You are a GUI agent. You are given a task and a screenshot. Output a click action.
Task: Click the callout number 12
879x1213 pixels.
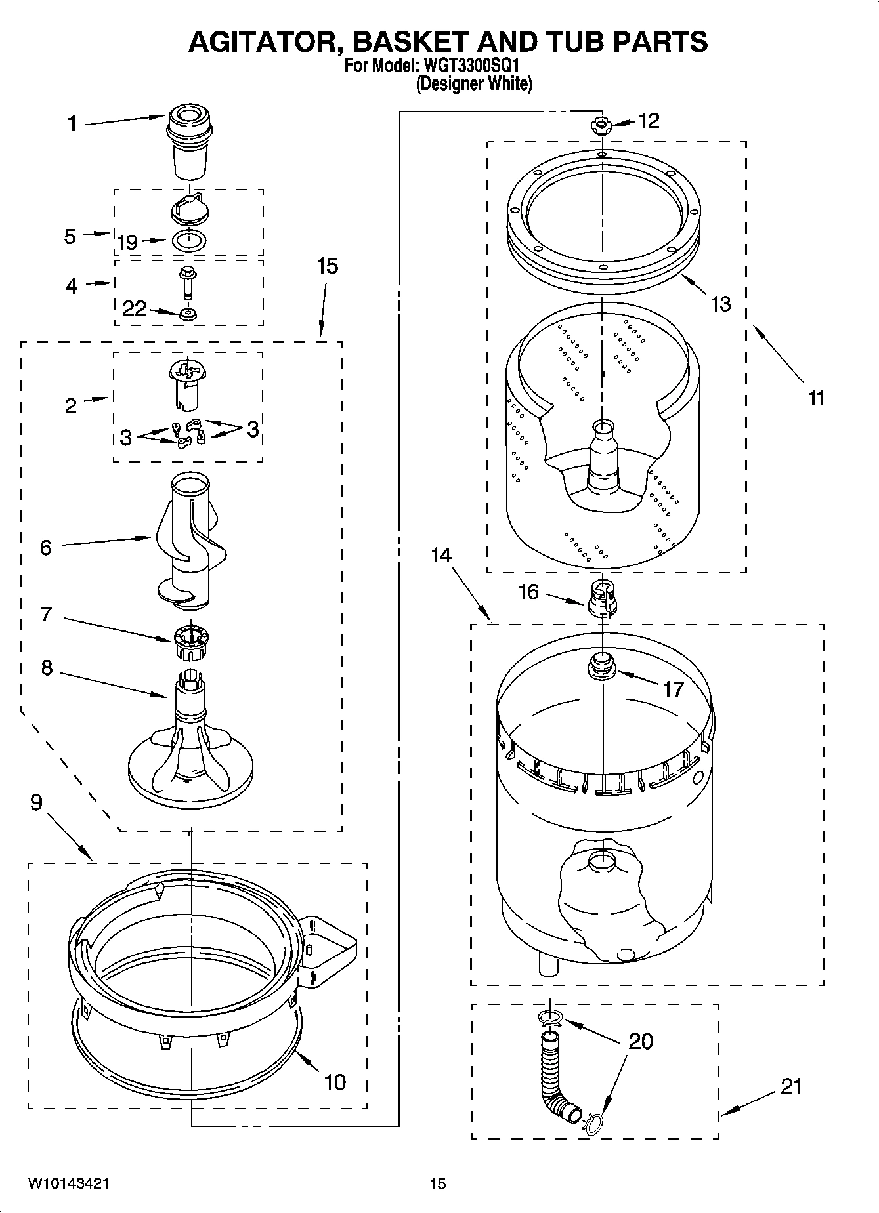pos(648,121)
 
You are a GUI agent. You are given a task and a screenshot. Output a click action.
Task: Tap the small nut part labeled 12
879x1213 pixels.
pos(601,125)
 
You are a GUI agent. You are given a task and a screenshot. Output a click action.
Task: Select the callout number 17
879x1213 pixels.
pos(674,689)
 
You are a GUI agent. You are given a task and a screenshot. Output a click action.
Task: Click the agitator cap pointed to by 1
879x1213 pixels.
pos(190,141)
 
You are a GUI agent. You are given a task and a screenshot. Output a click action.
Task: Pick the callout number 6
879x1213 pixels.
pos(45,547)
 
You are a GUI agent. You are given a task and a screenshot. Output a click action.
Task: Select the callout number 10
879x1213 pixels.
pos(335,1081)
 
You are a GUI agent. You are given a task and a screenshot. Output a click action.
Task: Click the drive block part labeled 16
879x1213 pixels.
pos(601,597)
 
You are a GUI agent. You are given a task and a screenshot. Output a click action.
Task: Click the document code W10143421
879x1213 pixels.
pos(68,1183)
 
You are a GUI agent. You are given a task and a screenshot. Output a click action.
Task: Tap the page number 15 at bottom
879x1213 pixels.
pos(438,1183)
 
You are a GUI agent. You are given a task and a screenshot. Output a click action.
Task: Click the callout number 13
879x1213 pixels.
pos(720,304)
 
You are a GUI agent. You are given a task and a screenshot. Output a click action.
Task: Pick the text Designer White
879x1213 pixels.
pos(474,84)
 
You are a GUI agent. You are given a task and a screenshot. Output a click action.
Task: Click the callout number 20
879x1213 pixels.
pos(641,1040)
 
